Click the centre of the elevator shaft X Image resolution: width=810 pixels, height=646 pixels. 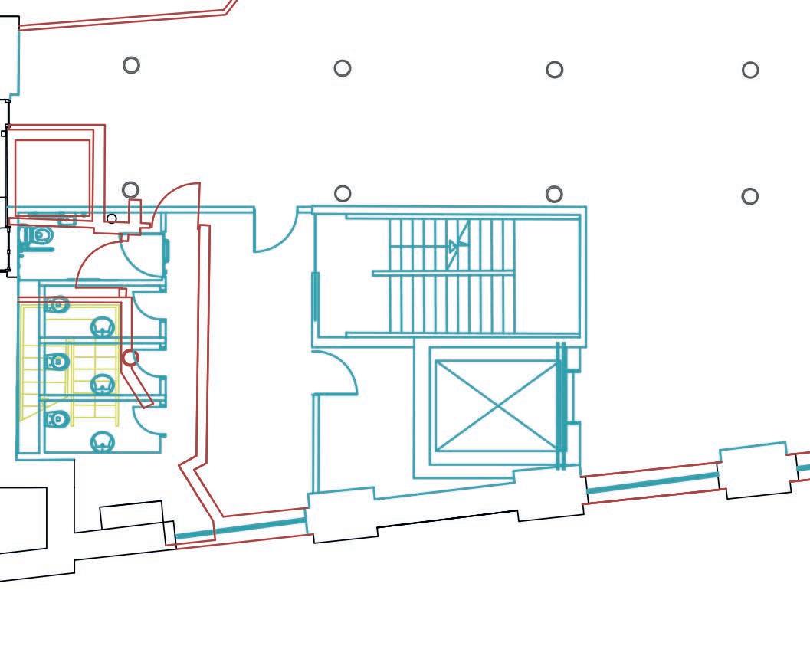(x=497, y=405)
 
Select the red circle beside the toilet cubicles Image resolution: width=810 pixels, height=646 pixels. (x=130, y=357)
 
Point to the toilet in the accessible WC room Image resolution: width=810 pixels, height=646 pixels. (x=39, y=236)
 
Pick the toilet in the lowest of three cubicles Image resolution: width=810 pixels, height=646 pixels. (x=58, y=419)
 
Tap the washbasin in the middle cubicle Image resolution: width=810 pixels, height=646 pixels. (x=103, y=383)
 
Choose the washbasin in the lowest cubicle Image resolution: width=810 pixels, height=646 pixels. (x=103, y=441)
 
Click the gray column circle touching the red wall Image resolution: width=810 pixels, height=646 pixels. (x=130, y=189)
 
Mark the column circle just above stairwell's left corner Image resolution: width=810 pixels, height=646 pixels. (x=343, y=193)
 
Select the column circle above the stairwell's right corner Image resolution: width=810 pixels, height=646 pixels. (x=554, y=194)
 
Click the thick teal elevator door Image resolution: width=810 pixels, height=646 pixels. (x=562, y=406)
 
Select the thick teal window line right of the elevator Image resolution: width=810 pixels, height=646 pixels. (x=652, y=484)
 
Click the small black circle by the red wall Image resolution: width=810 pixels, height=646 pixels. (x=112, y=219)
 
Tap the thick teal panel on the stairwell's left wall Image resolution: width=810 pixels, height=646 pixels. (x=315, y=296)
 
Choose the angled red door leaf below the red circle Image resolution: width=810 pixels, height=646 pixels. (x=139, y=387)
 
